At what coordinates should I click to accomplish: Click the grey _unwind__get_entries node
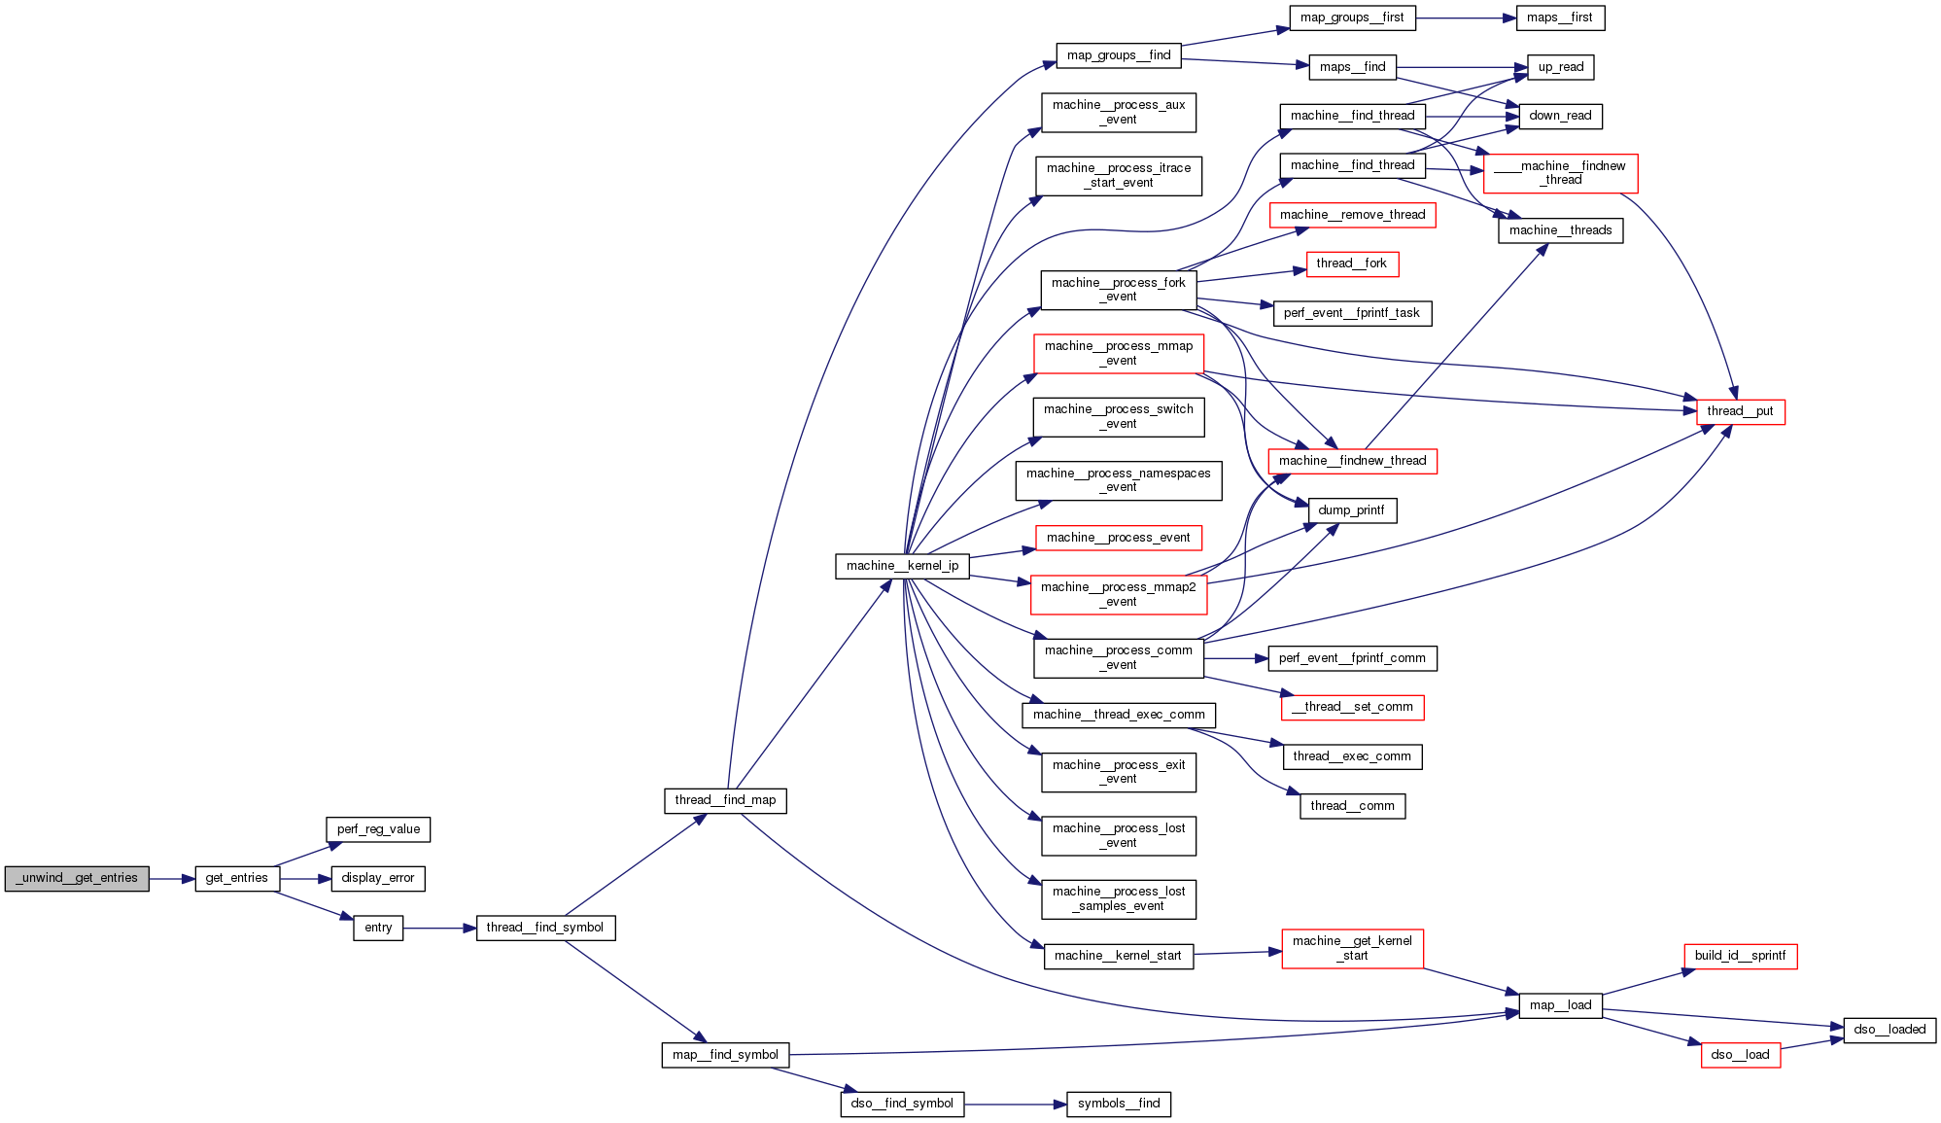pyautogui.click(x=77, y=878)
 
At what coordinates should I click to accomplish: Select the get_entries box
pyautogui.click(x=237, y=878)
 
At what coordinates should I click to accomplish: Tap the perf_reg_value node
pyautogui.click(x=378, y=829)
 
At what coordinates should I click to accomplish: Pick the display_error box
pyautogui.click(x=378, y=878)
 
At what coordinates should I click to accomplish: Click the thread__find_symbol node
pyautogui.click(x=545, y=928)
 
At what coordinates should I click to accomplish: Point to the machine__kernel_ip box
pyautogui.click(x=902, y=566)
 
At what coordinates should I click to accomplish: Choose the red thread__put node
pyautogui.click(x=1740, y=411)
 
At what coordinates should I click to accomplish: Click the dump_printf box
pyautogui.click(x=1352, y=510)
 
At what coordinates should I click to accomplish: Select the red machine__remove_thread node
pyautogui.click(x=1352, y=215)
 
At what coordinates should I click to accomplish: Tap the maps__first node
pyautogui.click(x=1560, y=18)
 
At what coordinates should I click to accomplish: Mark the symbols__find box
pyautogui.click(x=1119, y=1104)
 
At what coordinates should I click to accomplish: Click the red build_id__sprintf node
pyautogui.click(x=1740, y=956)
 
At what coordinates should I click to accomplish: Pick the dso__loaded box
pyautogui.click(x=1889, y=1030)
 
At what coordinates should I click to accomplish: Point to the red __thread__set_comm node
pyautogui.click(x=1352, y=707)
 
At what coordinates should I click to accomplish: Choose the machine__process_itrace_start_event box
pyautogui.click(x=1119, y=175)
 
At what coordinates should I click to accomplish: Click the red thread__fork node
pyautogui.click(x=1352, y=263)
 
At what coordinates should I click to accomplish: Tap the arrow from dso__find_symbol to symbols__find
pyautogui.click(x=1015, y=1105)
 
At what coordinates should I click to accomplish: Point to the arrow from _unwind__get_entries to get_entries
pyautogui.click(x=172, y=879)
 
